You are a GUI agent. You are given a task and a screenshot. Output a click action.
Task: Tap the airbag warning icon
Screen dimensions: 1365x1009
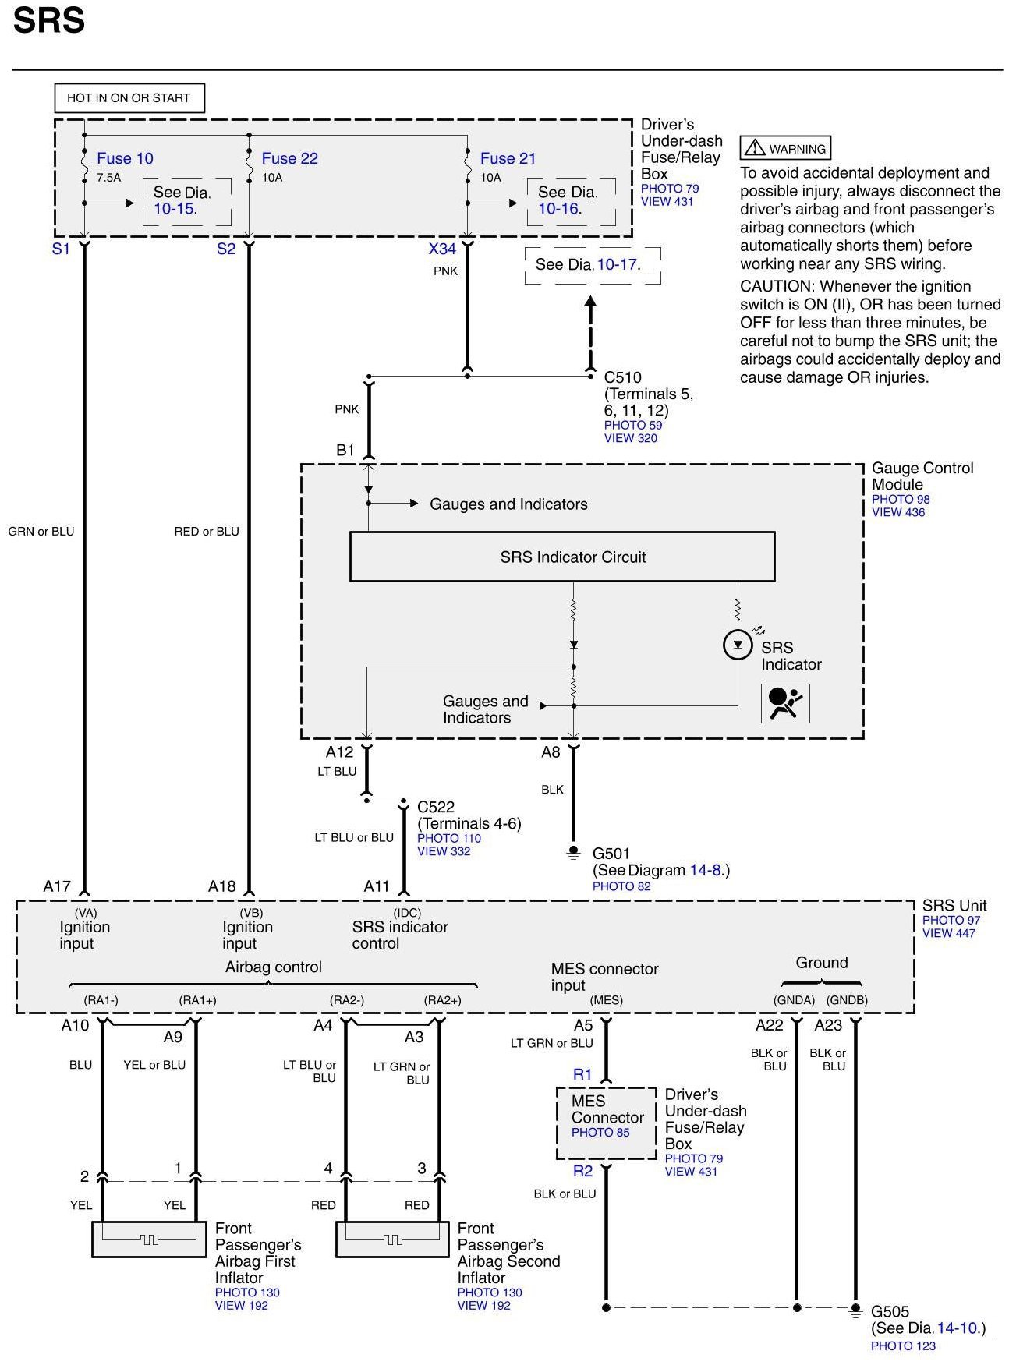click(785, 703)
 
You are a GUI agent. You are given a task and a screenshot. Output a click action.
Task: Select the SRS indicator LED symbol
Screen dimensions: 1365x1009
click(738, 645)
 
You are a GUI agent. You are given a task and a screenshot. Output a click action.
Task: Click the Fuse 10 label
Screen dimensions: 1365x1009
click(125, 158)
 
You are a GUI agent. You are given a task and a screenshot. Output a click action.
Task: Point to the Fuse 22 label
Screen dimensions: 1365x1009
click(289, 158)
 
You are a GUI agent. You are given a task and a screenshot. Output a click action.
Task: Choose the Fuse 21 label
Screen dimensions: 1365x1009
click(508, 158)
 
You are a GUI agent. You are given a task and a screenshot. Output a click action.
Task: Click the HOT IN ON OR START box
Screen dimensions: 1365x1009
click(129, 98)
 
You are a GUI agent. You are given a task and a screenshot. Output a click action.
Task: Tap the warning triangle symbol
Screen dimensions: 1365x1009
click(754, 147)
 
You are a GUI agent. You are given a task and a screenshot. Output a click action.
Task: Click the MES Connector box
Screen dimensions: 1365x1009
click(607, 1123)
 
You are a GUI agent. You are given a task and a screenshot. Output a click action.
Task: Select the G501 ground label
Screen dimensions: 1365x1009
click(611, 854)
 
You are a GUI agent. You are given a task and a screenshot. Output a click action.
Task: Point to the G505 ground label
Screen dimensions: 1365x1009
click(890, 1312)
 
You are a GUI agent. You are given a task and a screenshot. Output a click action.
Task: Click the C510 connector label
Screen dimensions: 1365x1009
click(622, 377)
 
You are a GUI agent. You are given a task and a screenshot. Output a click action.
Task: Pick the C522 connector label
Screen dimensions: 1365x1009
click(435, 807)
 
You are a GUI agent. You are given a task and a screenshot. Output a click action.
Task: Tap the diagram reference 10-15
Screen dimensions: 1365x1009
click(175, 209)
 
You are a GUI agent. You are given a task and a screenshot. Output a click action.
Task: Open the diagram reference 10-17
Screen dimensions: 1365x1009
click(618, 265)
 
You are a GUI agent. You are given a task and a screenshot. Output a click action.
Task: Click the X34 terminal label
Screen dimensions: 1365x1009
click(442, 249)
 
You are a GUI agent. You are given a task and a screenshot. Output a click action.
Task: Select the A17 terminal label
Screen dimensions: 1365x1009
click(57, 886)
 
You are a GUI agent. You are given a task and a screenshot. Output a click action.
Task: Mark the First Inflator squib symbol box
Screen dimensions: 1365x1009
click(149, 1239)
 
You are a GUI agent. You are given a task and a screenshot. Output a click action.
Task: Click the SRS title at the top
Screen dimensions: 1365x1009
click(48, 21)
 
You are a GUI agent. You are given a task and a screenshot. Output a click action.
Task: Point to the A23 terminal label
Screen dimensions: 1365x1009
click(828, 1025)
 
